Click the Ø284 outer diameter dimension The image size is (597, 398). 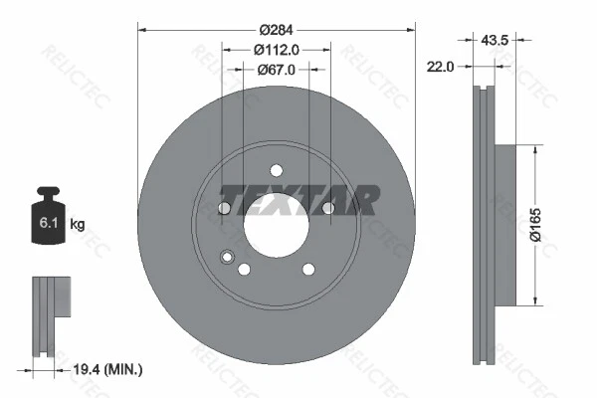coord(276,29)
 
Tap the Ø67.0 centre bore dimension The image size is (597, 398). coord(276,69)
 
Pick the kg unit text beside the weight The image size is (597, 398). coord(78,224)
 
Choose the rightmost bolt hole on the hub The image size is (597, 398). coord(328,207)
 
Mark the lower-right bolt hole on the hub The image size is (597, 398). coord(308,269)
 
